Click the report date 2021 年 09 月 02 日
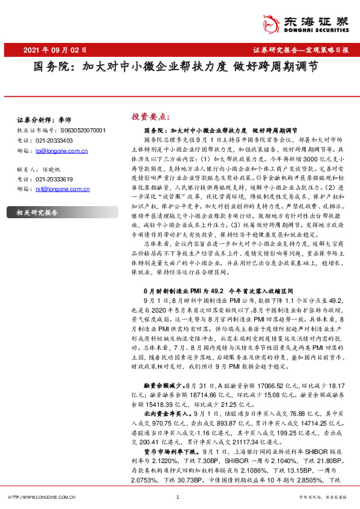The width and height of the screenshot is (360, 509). pos(56,50)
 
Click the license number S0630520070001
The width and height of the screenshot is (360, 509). pos(83,129)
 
